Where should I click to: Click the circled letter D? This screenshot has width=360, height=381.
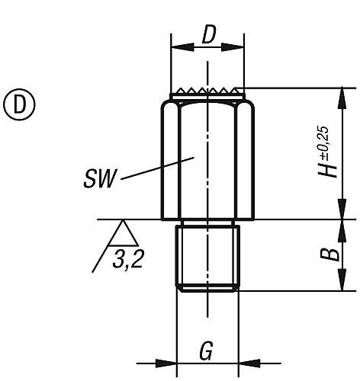19,104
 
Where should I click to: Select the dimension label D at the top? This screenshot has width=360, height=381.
209,34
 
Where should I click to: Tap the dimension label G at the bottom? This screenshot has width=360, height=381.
206,351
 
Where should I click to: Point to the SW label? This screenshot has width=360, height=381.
99,179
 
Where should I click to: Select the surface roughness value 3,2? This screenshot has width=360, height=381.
128,259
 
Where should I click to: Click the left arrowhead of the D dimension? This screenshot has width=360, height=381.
183,47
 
